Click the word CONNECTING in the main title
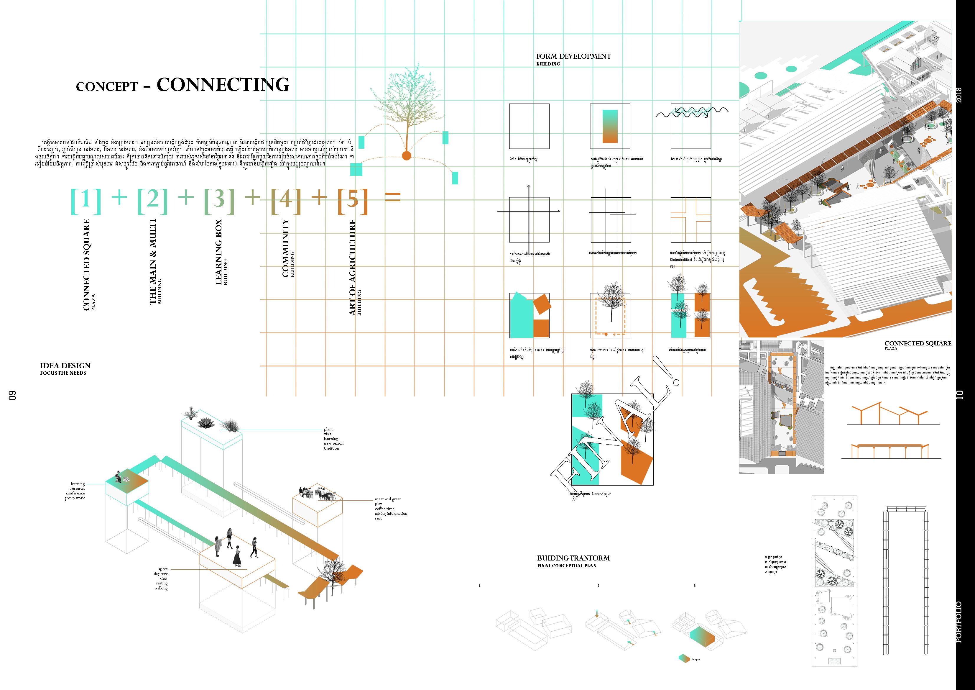coord(223,85)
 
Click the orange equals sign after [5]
coord(392,197)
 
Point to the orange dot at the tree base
coord(406,155)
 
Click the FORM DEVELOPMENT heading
coord(573,56)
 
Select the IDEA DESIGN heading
coord(65,366)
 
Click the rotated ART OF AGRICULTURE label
coord(352,268)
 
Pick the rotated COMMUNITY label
coord(286,249)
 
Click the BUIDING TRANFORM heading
coord(573,558)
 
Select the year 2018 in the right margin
coord(959,94)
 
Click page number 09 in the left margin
coord(13,395)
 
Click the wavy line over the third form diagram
coord(692,112)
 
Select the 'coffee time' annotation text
coord(384,509)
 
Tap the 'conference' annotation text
coord(75,493)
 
